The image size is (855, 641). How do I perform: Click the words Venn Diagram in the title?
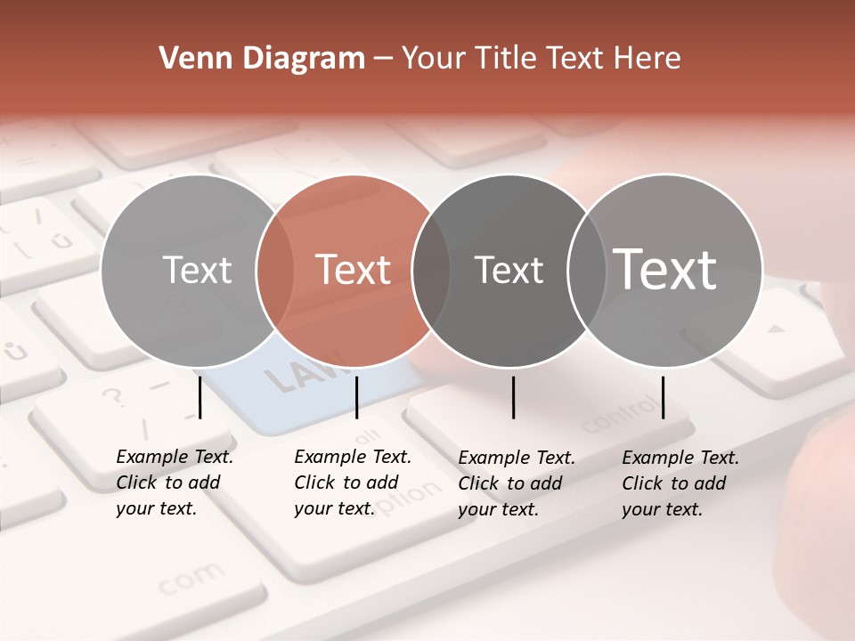coord(262,58)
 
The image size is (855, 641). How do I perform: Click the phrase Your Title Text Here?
coord(541,58)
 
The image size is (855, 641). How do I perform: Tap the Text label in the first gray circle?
coord(197,270)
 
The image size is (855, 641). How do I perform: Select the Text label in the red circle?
coord(353,270)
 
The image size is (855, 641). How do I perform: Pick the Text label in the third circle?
coord(509,270)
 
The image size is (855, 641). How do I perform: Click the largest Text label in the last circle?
coord(665,269)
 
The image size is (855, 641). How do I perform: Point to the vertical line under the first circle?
coord(199,397)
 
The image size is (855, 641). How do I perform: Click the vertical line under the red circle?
coord(356,397)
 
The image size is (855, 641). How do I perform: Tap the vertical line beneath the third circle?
coord(513,397)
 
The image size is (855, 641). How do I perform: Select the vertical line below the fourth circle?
coord(663,397)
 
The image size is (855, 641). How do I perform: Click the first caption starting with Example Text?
coord(174,483)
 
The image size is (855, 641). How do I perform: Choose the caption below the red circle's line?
coord(352,483)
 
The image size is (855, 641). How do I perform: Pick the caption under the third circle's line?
coord(516,483)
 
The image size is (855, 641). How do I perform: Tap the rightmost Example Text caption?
coord(680,483)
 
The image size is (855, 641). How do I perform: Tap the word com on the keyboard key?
coord(191,580)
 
